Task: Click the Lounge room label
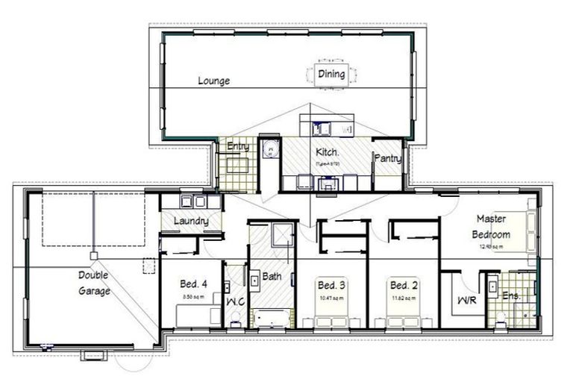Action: [x=213, y=81]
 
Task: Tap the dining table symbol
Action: [x=331, y=74]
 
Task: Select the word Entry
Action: [x=238, y=146]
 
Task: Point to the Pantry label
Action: [x=388, y=158]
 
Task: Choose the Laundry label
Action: [x=190, y=222]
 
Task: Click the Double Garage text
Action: [x=94, y=283]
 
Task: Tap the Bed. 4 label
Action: [x=192, y=284]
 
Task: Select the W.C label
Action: [x=235, y=301]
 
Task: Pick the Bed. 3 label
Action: [x=331, y=285]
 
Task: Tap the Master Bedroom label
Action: [x=492, y=226]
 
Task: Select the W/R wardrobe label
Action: [x=463, y=301]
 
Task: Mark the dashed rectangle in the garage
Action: [x=93, y=218]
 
